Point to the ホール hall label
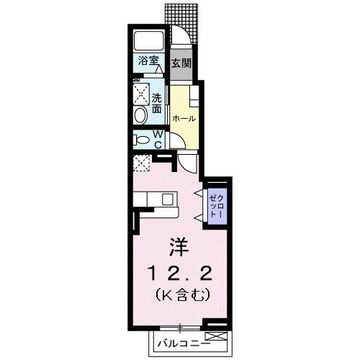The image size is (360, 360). point(183,117)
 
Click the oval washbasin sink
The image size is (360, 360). point(140,114)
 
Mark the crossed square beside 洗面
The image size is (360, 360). point(140,94)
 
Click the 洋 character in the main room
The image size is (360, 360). point(179,247)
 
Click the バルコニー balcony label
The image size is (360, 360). point(181,341)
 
